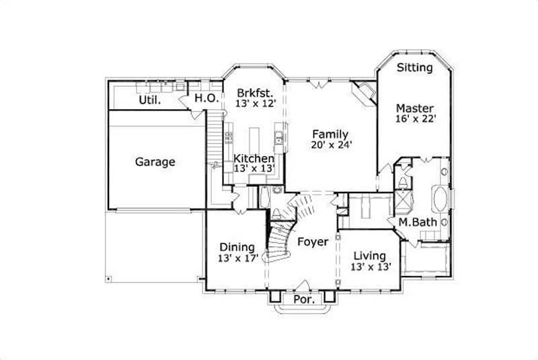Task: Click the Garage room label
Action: [155, 161]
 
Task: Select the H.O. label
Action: [204, 98]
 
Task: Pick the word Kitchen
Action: [254, 159]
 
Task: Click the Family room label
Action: [330, 133]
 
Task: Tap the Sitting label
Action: [414, 67]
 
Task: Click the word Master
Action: [414, 108]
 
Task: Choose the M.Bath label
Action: [414, 222]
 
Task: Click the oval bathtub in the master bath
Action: [440, 200]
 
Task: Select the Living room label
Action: [370, 256]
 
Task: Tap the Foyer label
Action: [313, 241]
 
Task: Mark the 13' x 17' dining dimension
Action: [238, 258]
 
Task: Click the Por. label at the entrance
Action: [305, 299]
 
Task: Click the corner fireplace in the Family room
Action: [365, 93]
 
